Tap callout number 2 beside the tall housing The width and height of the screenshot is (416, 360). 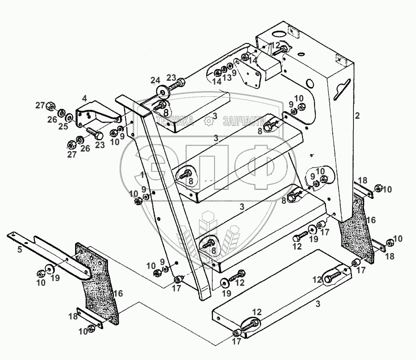pyautogui.click(x=356, y=115)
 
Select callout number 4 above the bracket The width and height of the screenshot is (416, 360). pyautogui.click(x=85, y=98)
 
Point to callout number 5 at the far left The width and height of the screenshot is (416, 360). pyautogui.click(x=19, y=249)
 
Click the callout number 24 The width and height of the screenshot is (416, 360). pyautogui.click(x=155, y=80)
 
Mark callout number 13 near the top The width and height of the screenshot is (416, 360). pyautogui.click(x=227, y=77)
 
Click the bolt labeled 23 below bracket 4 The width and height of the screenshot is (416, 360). pyautogui.click(x=93, y=132)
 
